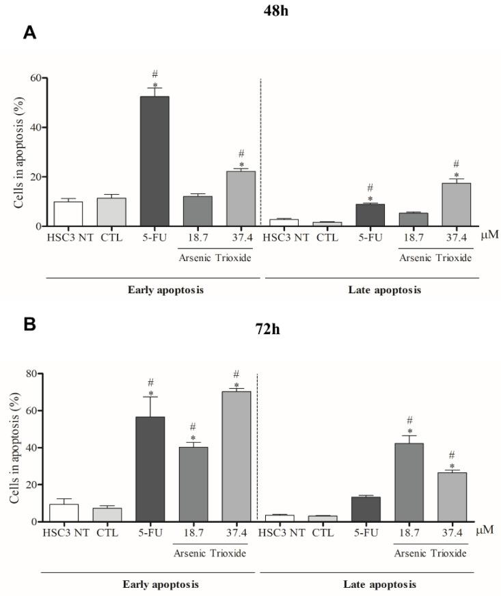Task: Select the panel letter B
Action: tap(29, 324)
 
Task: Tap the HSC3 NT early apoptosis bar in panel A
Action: tap(68, 214)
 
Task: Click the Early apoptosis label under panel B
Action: tap(151, 585)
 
